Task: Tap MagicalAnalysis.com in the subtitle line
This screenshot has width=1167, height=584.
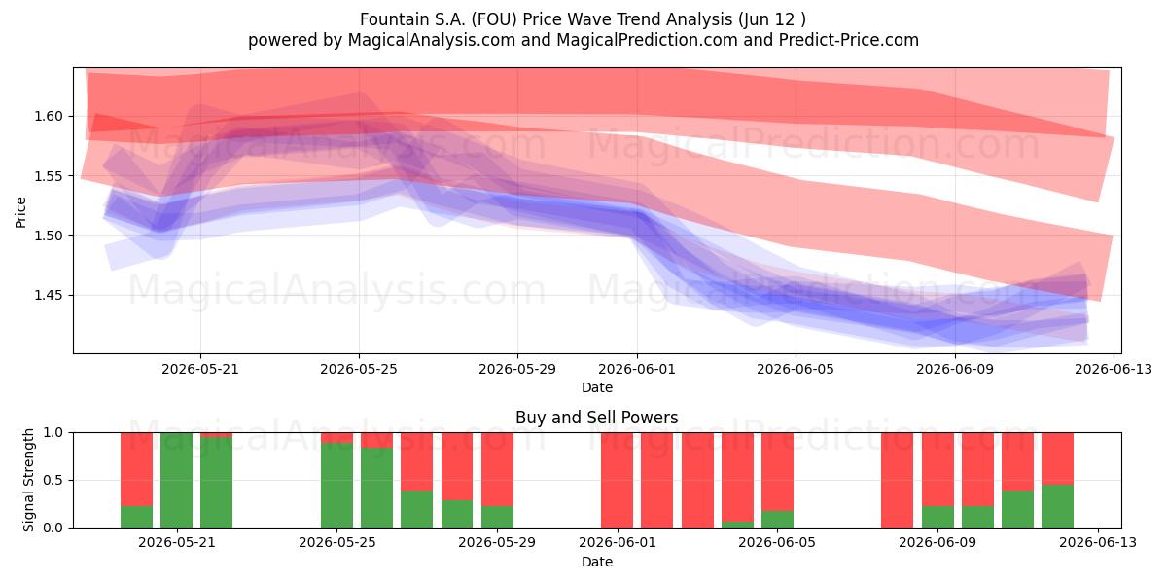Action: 432,40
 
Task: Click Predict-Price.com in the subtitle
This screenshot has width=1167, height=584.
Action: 849,40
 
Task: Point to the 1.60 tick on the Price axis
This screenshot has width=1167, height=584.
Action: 49,116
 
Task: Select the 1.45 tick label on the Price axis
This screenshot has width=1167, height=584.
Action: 49,296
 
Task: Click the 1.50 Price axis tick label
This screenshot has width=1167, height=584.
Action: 49,236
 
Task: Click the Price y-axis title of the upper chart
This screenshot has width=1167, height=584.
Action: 20,213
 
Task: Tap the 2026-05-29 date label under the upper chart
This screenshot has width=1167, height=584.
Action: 517,370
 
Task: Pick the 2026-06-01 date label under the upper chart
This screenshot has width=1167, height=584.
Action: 637,370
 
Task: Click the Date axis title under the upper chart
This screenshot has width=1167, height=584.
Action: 597,388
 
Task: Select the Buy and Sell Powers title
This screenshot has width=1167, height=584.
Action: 597,418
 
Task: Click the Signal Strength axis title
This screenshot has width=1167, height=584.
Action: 28,480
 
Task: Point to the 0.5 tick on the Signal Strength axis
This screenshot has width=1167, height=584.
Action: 53,480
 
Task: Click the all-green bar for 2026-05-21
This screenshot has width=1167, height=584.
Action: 177,480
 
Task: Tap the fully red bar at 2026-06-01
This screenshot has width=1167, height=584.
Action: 618,480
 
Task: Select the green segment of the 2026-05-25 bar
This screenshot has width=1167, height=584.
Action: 337,486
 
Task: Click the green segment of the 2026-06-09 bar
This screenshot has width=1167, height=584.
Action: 937,517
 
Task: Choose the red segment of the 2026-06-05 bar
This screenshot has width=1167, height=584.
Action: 777,472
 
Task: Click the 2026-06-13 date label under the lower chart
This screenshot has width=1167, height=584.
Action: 1098,543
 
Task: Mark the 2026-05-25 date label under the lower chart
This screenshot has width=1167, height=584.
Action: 337,543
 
